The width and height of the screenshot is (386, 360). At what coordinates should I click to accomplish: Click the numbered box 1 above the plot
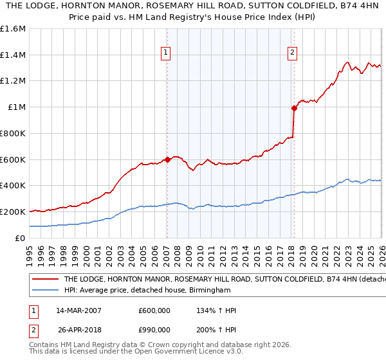click(166, 53)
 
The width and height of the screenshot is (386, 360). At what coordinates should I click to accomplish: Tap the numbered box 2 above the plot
click(292, 53)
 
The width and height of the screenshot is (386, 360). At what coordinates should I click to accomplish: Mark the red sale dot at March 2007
click(167, 159)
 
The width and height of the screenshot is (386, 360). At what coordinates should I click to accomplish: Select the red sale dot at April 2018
click(294, 108)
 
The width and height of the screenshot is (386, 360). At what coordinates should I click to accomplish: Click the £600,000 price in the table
click(154, 310)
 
